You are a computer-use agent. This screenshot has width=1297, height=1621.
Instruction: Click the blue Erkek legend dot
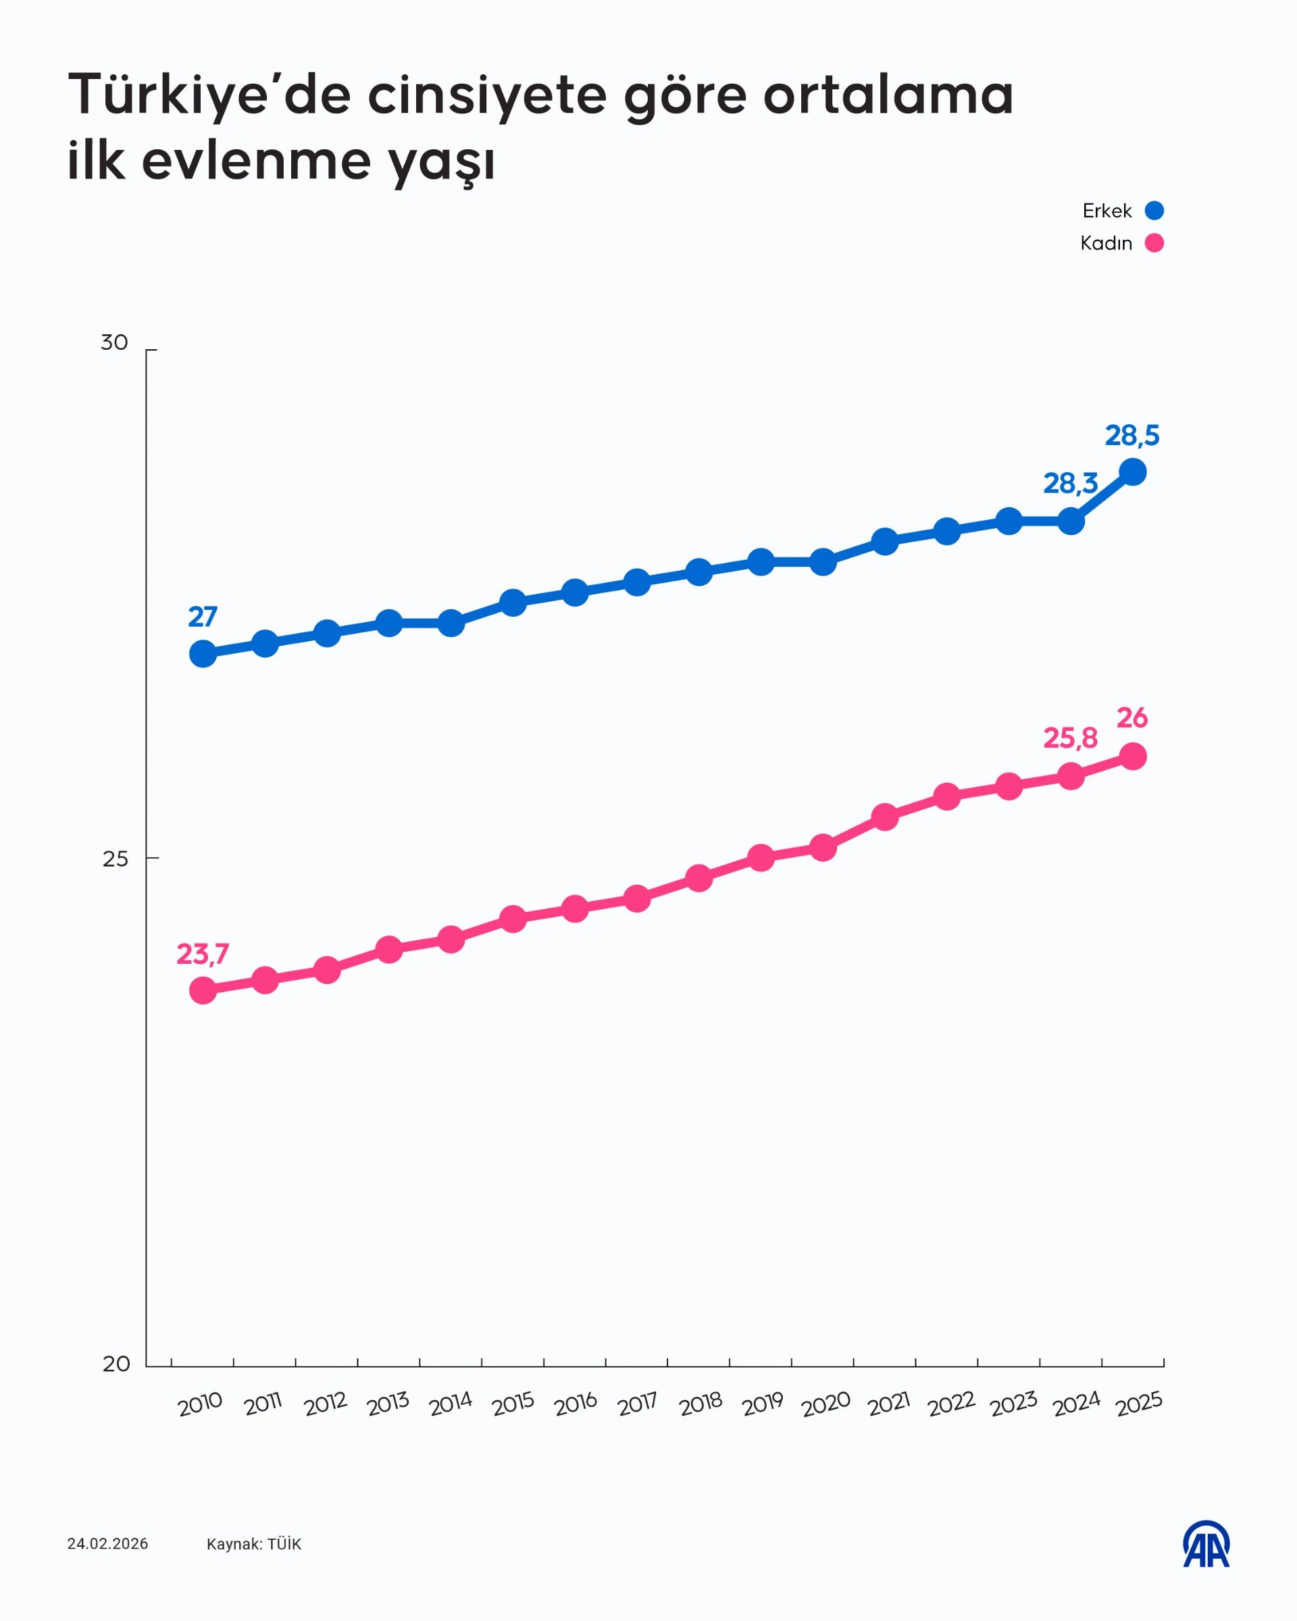(1154, 211)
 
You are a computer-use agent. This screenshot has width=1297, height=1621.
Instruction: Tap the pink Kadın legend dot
(1154, 243)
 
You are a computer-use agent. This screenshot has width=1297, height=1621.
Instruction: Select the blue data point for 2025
(1132, 472)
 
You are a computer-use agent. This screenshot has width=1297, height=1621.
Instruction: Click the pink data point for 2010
(203, 990)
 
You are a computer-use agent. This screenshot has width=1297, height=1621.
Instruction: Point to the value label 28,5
(1131, 436)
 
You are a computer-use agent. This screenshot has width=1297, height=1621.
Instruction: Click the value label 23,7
(202, 954)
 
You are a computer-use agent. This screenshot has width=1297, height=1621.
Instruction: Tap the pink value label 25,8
(1070, 738)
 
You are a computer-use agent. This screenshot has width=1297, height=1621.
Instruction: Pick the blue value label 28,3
(1070, 484)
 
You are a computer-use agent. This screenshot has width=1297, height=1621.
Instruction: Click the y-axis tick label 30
(114, 343)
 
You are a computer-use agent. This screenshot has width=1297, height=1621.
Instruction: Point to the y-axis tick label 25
(115, 858)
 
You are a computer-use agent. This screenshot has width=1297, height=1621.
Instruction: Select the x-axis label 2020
(825, 1404)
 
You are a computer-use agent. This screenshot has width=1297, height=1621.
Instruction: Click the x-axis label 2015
(513, 1404)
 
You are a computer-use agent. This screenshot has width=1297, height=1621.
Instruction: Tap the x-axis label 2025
(1139, 1404)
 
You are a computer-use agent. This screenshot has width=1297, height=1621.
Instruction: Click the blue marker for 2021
(885, 541)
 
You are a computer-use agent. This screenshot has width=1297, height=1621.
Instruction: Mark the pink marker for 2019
(761, 858)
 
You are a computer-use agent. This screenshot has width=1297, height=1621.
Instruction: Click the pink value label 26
(1131, 718)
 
